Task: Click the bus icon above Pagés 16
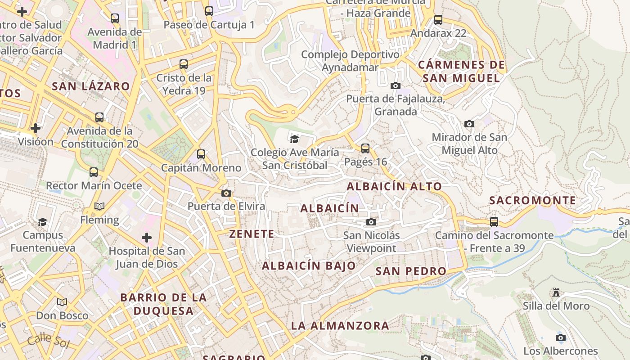[x=365, y=148]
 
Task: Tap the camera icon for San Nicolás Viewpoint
[x=371, y=222]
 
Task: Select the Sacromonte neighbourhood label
[x=532, y=201]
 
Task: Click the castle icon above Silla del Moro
[x=556, y=292]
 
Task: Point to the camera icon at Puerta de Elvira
[x=226, y=193]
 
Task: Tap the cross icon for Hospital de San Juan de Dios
[x=147, y=237]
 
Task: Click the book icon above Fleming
[x=99, y=206]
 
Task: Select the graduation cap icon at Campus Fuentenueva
[x=42, y=222]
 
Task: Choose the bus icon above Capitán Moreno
[x=201, y=154]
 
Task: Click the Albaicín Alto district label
[x=394, y=186]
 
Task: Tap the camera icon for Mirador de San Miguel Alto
[x=469, y=124]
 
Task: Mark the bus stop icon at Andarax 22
[x=438, y=20]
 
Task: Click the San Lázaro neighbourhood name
[x=91, y=86]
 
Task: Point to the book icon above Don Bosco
[x=62, y=302]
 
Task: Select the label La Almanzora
[x=340, y=325]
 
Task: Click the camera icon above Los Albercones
[x=560, y=338]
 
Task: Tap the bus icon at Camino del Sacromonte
[x=494, y=221]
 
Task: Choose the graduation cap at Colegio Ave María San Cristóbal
[x=294, y=139]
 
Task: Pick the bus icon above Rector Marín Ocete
[x=94, y=172]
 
